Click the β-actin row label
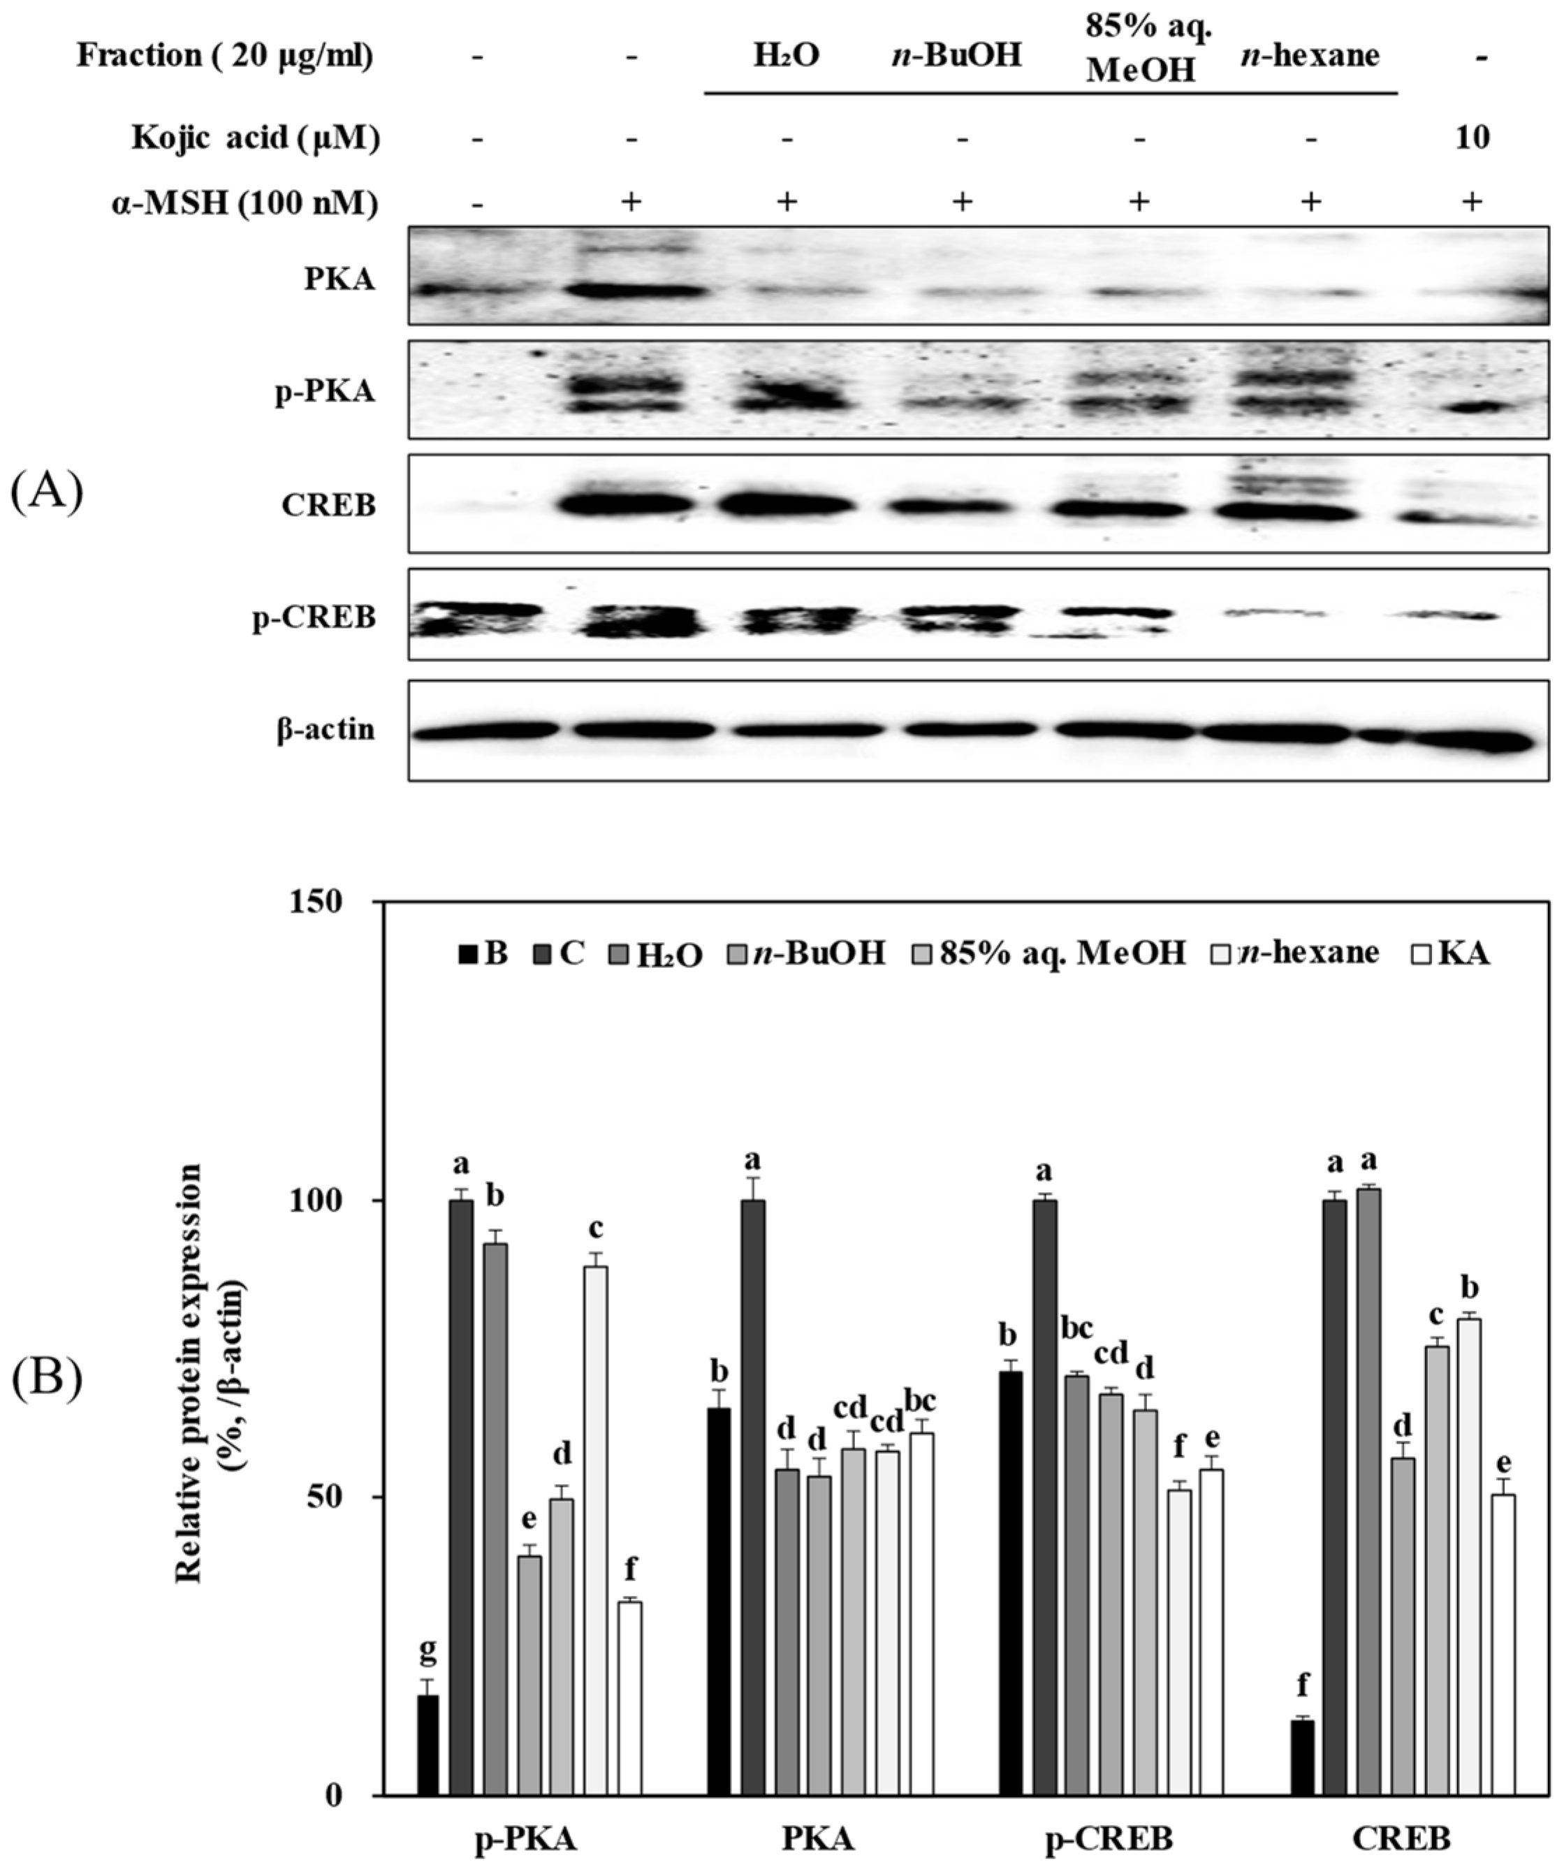click(325, 730)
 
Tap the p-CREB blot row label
click(314, 617)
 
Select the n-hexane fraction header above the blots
click(1310, 56)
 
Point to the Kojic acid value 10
click(1472, 139)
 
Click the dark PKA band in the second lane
click(634, 290)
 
